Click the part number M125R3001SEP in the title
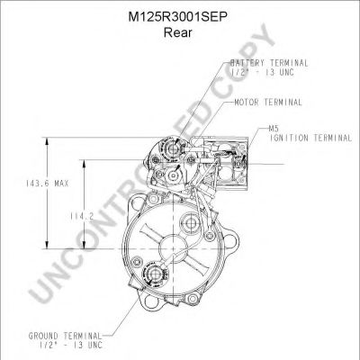177,17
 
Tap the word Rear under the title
177,32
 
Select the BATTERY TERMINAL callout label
269,63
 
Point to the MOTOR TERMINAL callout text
268,103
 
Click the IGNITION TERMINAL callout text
310,138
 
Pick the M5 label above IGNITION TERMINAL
274,129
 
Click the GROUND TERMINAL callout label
65,336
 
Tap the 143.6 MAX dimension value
47,184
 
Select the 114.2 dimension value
82,216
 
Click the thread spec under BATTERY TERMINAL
263,72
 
